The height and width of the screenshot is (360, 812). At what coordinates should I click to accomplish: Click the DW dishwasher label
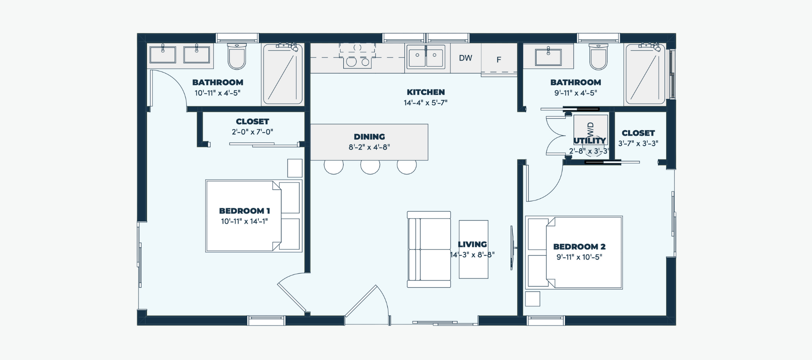tap(465, 58)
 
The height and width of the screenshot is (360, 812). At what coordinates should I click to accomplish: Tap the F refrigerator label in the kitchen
tap(499, 60)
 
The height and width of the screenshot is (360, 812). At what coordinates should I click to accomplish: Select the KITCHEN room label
tap(426, 92)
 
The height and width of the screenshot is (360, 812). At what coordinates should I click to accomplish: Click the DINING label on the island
tap(369, 136)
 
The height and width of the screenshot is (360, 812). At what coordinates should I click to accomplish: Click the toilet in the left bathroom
tap(237, 56)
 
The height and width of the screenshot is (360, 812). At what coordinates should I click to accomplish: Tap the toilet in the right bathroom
tap(598, 56)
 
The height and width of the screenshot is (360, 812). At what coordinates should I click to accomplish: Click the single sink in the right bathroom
tap(548, 57)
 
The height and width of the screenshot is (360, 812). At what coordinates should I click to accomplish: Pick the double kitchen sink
tap(426, 57)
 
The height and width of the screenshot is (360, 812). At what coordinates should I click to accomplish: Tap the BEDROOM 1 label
tap(244, 211)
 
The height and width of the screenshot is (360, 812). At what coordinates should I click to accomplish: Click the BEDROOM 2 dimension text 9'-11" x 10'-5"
tap(579, 257)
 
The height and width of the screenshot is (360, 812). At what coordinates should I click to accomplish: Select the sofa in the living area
tap(429, 249)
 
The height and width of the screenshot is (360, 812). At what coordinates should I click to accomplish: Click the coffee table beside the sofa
tap(474, 249)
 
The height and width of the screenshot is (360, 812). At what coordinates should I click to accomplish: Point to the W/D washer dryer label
tap(591, 129)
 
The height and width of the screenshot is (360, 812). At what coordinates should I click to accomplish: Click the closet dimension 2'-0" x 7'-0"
tap(252, 132)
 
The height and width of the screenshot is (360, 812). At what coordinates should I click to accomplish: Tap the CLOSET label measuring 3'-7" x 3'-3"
tap(638, 133)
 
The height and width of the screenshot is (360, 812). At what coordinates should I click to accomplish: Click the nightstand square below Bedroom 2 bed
tap(533, 299)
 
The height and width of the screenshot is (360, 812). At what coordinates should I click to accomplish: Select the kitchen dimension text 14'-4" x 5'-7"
tap(426, 103)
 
